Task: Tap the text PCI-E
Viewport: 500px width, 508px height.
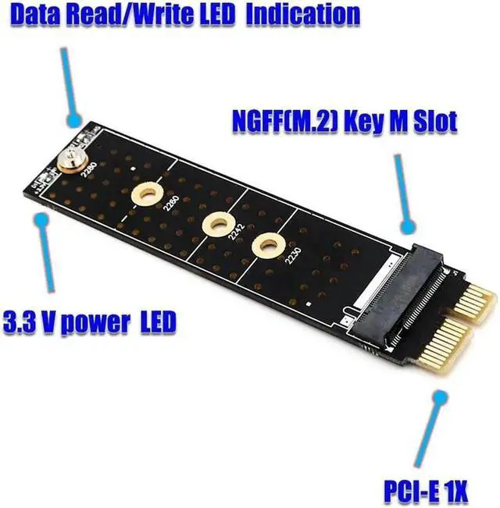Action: [x=413, y=492]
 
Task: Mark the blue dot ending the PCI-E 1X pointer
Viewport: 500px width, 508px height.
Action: [x=437, y=398]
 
